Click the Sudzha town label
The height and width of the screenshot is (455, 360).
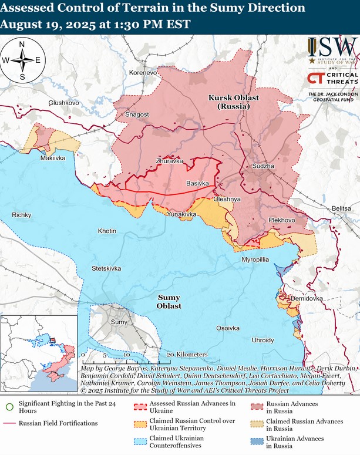263,167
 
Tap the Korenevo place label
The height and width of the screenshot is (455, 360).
143,73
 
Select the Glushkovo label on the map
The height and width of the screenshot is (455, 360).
63,102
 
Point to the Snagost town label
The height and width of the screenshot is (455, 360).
137,114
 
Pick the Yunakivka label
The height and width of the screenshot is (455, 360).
181,215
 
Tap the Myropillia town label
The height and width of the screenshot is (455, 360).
255,259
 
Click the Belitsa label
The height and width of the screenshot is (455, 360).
341,208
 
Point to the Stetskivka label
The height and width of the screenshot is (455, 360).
106,268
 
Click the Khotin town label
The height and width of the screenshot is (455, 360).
107,231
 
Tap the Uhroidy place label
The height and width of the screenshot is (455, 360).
263,340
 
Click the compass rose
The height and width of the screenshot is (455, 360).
22,60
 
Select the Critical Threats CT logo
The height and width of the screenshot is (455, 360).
316,79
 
